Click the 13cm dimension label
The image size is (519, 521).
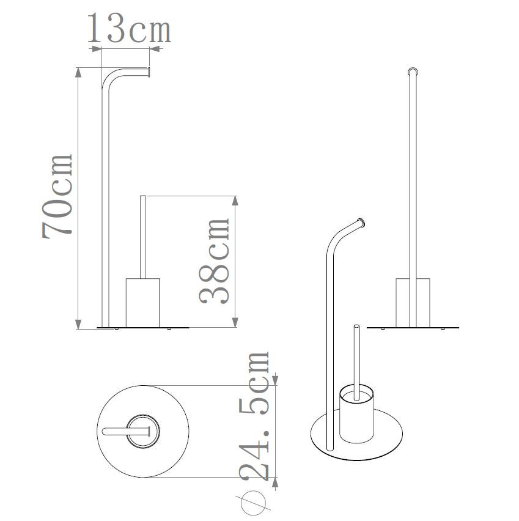point(129,29)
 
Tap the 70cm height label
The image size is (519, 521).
point(57,197)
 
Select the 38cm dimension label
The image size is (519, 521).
point(215,261)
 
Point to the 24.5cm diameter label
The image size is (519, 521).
point(254,416)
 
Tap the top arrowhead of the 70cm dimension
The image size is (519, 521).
point(78,73)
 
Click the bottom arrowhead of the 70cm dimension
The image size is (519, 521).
point(78,324)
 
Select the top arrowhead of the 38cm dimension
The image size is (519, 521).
point(235,201)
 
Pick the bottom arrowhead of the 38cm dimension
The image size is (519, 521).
point(235,322)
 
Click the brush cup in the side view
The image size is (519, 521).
point(143,303)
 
